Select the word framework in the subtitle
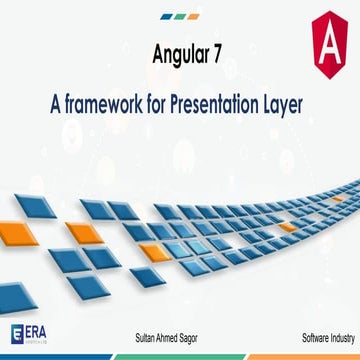tap(103, 102)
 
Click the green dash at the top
tap(180, 17)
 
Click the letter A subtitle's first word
tap(55, 102)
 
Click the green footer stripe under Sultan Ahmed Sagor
tap(180, 353)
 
